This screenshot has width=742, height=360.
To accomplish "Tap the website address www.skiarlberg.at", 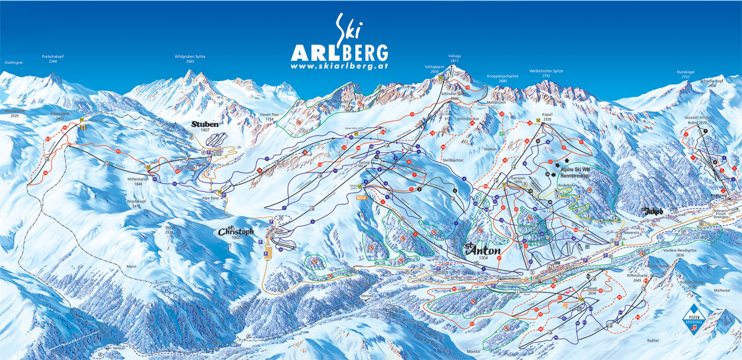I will pyautogui.click(x=340, y=66).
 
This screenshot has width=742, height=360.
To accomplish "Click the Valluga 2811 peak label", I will pyautogui.click(x=454, y=58).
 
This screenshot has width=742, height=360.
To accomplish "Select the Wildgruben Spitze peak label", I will pyautogui.click(x=190, y=59).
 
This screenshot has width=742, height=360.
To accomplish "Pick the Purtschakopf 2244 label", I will pyautogui.click(x=53, y=59).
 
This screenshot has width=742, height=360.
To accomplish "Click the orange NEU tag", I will pyautogui.click(x=361, y=197).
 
